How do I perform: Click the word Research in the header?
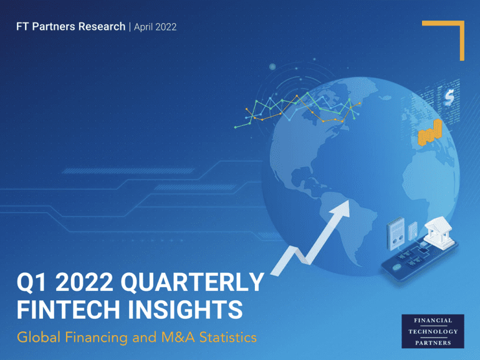[x=102, y=27]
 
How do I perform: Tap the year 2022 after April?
[x=166, y=27]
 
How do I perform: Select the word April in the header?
[x=143, y=27]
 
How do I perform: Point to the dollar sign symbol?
[x=449, y=98]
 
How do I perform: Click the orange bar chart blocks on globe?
[x=430, y=133]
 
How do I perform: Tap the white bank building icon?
[x=439, y=230]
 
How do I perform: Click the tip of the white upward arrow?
[x=348, y=201]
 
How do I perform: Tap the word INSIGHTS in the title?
[x=185, y=310]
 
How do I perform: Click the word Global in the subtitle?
[x=39, y=338]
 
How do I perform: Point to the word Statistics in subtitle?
[x=228, y=338]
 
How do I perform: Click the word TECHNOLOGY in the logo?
[x=433, y=331]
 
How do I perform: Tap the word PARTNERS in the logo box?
[x=433, y=343]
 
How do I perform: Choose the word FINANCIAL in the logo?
[x=433, y=321]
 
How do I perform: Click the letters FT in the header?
[x=22, y=27]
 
